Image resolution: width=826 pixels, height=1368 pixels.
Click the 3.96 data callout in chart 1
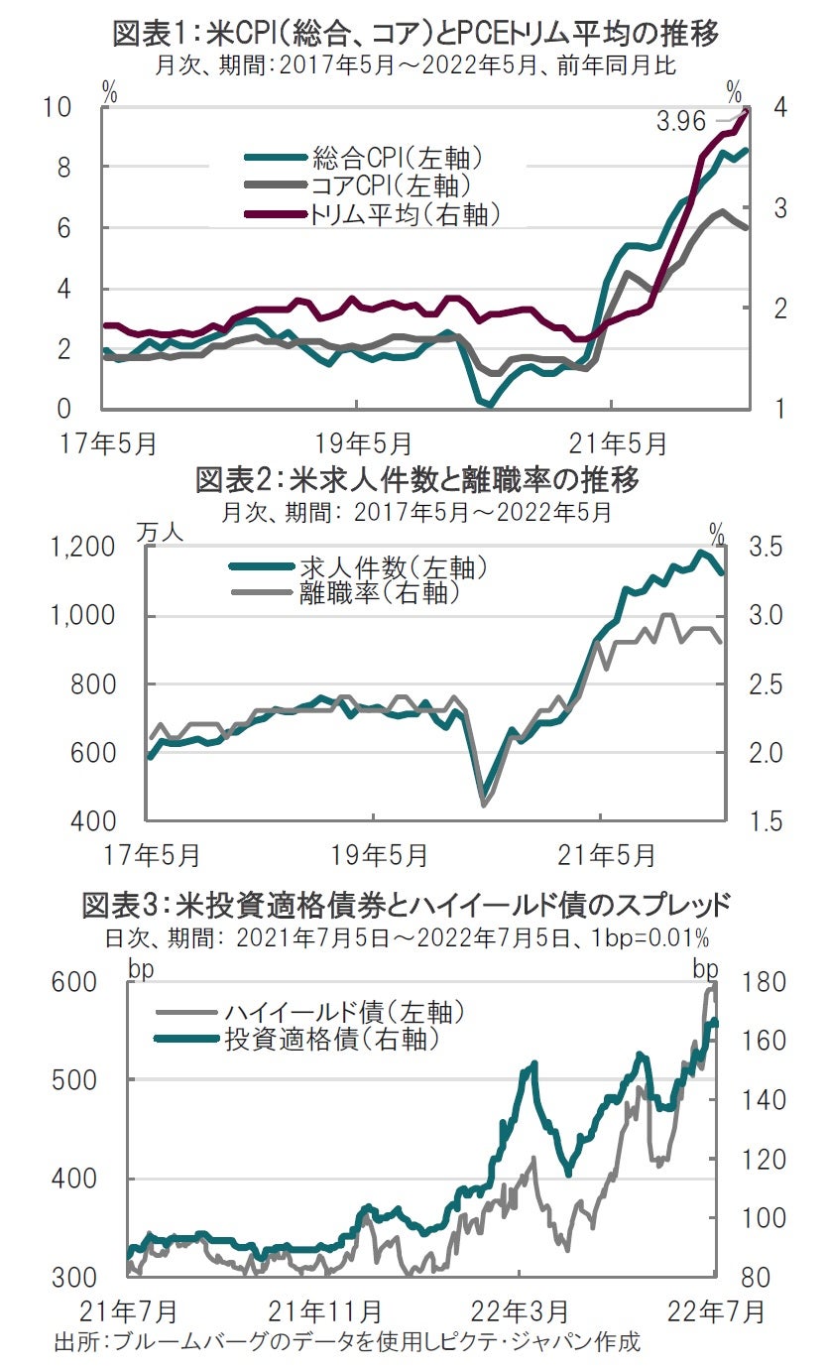680,122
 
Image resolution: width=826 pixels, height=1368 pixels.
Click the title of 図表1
414,34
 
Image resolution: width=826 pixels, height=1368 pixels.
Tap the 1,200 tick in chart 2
85,548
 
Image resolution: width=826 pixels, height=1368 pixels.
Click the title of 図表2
415,481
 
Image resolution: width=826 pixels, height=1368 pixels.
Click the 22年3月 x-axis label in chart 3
524,1310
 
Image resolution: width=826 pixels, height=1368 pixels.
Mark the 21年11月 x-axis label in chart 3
326,1310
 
